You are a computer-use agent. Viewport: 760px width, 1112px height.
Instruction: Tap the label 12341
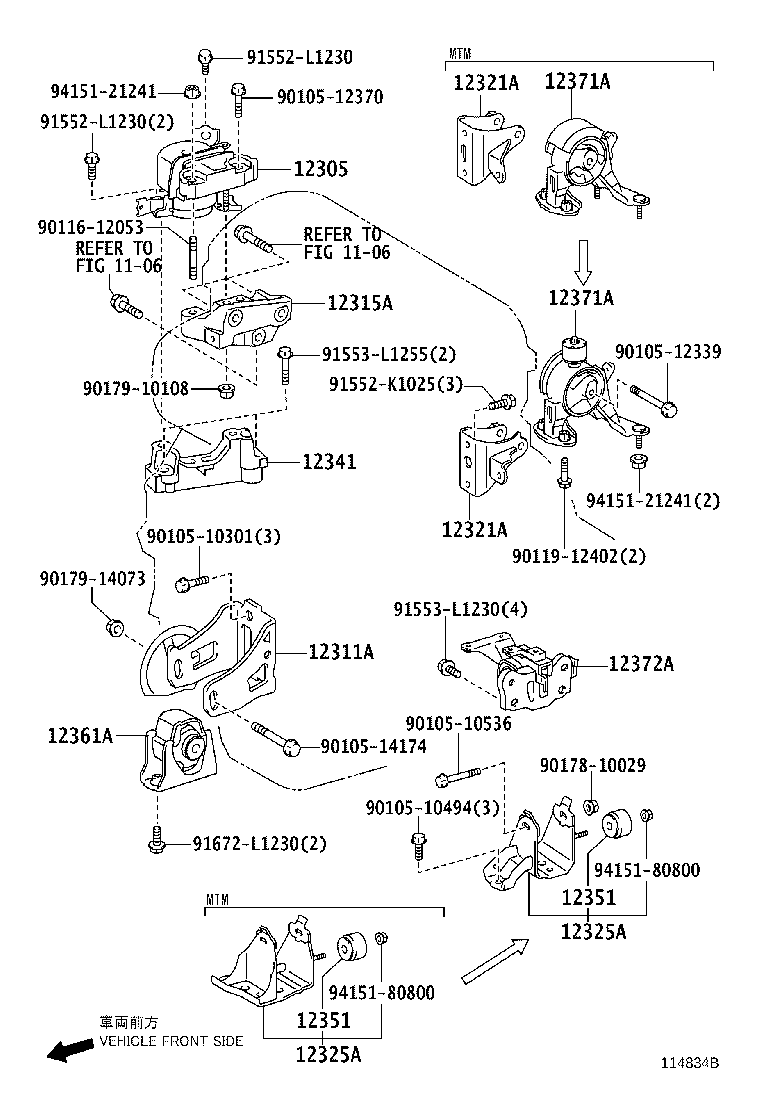pos(328,462)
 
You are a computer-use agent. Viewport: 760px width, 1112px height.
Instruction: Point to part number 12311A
pos(340,651)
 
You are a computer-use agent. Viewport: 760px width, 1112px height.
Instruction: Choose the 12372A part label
pos(641,663)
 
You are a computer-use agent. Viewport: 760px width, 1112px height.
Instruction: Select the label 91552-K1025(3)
pos(397,383)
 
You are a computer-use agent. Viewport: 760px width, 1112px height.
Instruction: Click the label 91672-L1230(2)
pos(259,844)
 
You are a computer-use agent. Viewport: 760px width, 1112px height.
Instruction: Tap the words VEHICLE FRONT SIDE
pos(170,1041)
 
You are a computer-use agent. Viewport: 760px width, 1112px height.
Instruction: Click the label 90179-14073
pos(92,579)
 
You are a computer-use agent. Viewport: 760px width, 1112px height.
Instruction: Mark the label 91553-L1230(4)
pos(459,609)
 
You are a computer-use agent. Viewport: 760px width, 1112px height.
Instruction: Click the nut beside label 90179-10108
pos(226,388)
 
